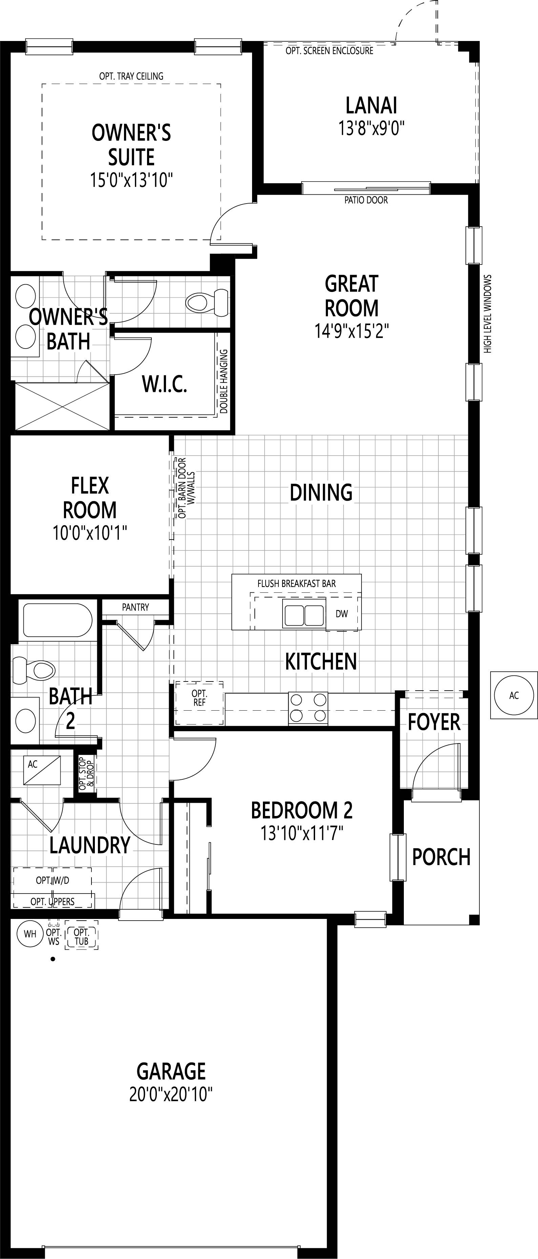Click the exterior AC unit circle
[514, 695]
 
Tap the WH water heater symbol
[30, 934]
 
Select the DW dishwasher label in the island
[342, 614]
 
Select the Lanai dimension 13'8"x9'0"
[371, 128]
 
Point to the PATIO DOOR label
[366, 200]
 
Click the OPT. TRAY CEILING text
[131, 76]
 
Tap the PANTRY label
[136, 607]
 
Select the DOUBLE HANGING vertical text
[224, 381]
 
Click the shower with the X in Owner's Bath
[62, 407]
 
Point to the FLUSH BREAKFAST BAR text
[296, 584]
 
